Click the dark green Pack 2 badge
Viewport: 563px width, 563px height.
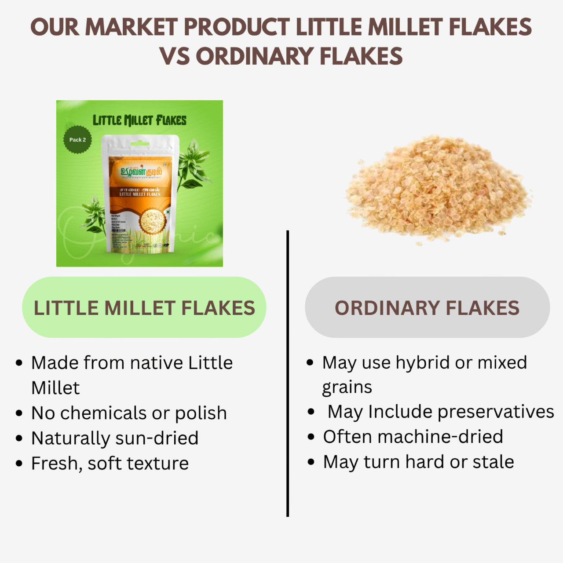click(78, 140)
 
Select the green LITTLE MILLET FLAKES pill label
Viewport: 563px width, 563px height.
click(144, 307)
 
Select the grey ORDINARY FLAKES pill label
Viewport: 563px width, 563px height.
click(427, 307)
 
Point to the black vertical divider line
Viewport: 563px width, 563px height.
click(287, 374)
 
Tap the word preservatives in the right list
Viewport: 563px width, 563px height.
click(495, 412)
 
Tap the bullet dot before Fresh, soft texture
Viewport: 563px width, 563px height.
click(19, 464)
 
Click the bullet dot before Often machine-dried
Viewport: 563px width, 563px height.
click(311, 437)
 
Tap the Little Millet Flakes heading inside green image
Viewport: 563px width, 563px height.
click(139, 120)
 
